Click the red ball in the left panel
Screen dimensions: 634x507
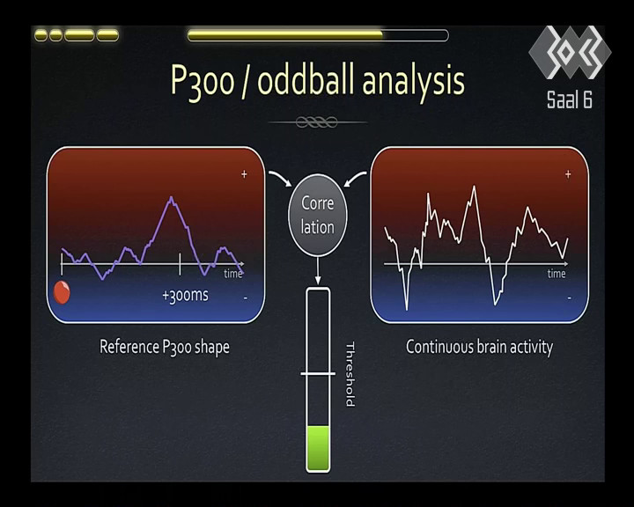pyautogui.click(x=62, y=292)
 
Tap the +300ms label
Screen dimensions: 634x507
pyautogui.click(x=185, y=296)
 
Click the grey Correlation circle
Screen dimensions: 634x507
pyautogui.click(x=317, y=215)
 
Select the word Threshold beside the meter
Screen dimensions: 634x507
pyautogui.click(x=350, y=374)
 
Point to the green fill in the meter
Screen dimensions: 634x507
pyautogui.click(x=318, y=448)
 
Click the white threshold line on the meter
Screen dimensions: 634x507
pyautogui.click(x=318, y=373)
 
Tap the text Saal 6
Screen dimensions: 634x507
pyautogui.click(x=570, y=99)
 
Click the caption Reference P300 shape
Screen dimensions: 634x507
pyautogui.click(x=165, y=348)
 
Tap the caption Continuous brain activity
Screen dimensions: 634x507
pyautogui.click(x=479, y=348)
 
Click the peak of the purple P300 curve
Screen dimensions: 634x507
pyautogui.click(x=172, y=197)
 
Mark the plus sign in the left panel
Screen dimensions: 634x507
pyautogui.click(x=244, y=174)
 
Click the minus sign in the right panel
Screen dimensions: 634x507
pyautogui.click(x=570, y=298)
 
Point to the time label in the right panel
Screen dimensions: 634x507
pyautogui.click(x=557, y=274)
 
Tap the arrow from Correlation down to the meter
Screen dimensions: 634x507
pyautogui.click(x=318, y=270)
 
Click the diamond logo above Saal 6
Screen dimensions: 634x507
pyautogui.click(x=570, y=52)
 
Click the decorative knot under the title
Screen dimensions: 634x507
pyautogui.click(x=317, y=121)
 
